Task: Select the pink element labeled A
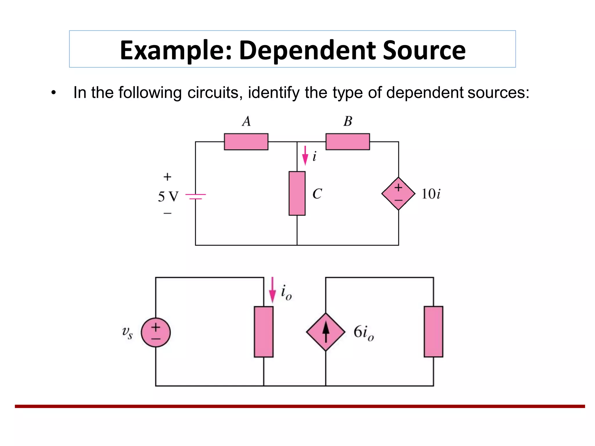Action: click(x=246, y=142)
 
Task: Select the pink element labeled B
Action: click(x=347, y=142)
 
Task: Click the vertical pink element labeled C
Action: click(x=297, y=193)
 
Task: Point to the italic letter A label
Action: click(x=246, y=121)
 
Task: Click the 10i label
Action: click(x=431, y=194)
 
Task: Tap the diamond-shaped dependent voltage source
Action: click(x=398, y=194)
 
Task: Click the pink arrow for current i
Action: click(x=305, y=156)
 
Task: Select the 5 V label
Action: click(x=168, y=197)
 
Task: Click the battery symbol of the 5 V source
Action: click(x=196, y=196)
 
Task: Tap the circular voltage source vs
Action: click(x=156, y=332)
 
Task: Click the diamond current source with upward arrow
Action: click(x=326, y=332)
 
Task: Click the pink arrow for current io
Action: click(x=272, y=290)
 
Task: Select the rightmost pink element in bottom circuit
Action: click(x=433, y=332)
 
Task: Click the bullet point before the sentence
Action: click(x=53, y=93)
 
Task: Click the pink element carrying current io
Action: click(x=264, y=332)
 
